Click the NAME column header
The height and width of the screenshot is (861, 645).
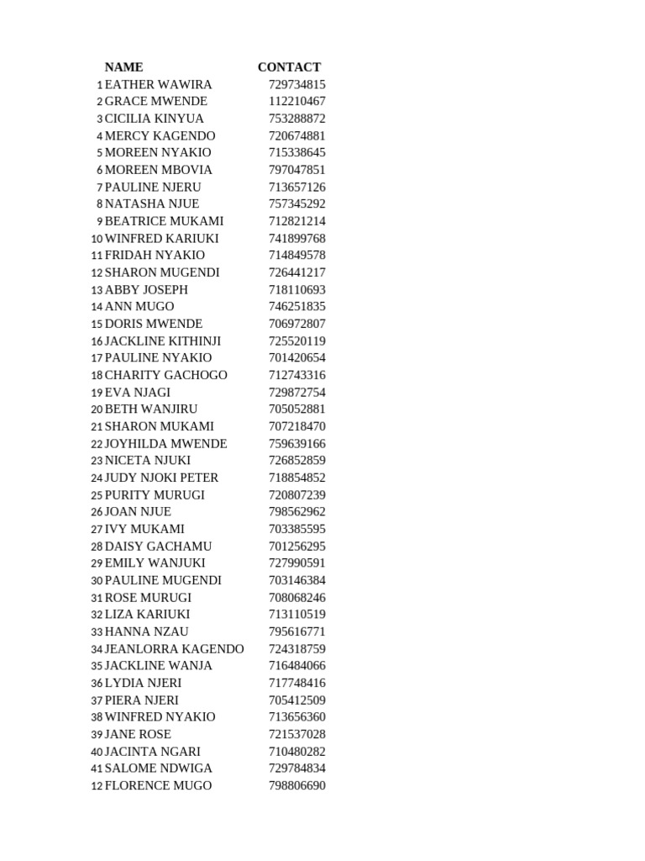point(123,67)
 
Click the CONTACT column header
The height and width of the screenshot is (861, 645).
point(289,67)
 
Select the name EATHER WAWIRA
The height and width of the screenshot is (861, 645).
point(158,85)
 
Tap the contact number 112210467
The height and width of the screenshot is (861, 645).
point(296,102)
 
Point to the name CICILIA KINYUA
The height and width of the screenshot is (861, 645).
point(154,119)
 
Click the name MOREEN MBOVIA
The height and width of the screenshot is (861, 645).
point(158,170)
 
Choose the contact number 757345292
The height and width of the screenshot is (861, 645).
point(296,204)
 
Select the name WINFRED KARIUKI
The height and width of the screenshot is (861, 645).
point(161,239)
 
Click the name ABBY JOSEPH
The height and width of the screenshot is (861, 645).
point(146,290)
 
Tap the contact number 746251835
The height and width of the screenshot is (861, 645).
point(296,307)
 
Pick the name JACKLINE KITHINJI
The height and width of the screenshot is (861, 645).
point(163,341)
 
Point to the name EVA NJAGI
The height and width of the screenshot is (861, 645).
point(137,393)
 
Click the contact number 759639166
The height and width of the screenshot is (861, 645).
point(296,444)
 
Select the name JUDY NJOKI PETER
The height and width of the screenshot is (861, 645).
point(161,478)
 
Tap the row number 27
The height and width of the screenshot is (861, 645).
point(97,530)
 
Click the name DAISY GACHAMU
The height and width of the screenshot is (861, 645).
point(158,547)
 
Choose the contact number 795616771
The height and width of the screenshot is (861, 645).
point(296,632)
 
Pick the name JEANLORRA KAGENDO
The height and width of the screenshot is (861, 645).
point(174,649)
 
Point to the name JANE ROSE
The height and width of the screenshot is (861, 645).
point(138,734)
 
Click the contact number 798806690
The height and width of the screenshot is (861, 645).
point(296,786)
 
